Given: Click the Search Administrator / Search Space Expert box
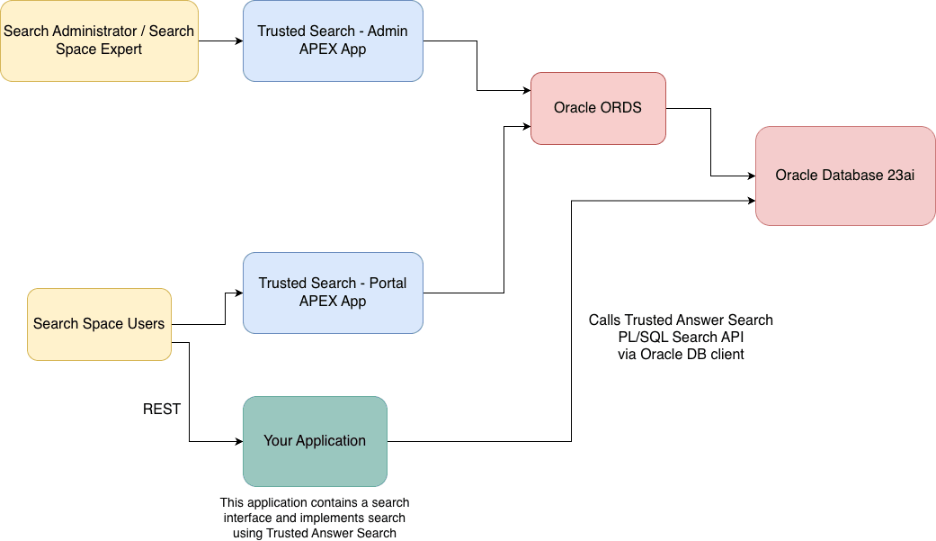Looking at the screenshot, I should (x=99, y=41).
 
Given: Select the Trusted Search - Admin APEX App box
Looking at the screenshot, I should (x=333, y=41).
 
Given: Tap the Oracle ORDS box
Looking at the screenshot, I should (x=598, y=108).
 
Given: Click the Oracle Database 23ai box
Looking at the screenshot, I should (x=845, y=176).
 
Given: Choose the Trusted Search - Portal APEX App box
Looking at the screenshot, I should (x=333, y=293).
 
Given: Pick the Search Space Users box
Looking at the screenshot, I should (x=99, y=324).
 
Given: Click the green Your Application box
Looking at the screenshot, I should (x=315, y=441).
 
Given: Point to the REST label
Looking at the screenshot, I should (x=162, y=410).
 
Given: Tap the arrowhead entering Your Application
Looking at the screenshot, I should (x=238, y=441).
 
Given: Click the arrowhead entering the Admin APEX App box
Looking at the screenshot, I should (x=238, y=41).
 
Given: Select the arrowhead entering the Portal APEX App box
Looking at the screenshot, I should (x=238, y=293).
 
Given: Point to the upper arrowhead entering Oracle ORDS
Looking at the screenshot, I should (x=526, y=90).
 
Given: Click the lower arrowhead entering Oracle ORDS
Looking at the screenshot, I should (x=526, y=126).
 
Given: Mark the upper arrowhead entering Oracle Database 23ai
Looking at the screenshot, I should (x=751, y=176).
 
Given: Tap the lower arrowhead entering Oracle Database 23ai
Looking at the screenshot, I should (x=751, y=201).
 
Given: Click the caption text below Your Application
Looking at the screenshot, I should (x=315, y=518).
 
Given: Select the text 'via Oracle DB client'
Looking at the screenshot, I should (x=681, y=354).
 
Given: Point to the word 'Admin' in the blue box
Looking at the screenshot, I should (x=387, y=32).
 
